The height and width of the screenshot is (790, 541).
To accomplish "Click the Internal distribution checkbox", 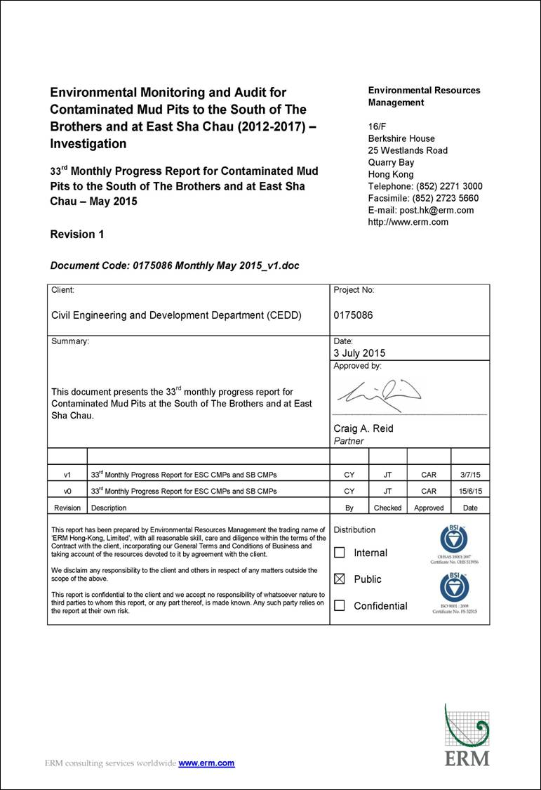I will click(x=340, y=553).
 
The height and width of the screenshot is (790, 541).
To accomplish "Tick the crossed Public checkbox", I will click(x=340, y=579).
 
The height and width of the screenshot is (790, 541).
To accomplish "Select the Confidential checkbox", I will click(x=340, y=605).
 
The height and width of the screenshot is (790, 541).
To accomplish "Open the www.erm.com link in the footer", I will click(x=206, y=763).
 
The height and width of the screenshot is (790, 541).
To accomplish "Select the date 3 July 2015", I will click(x=359, y=353).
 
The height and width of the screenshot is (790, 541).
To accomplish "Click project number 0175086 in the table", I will click(x=353, y=315).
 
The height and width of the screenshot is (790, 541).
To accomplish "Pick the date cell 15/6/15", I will click(x=470, y=492).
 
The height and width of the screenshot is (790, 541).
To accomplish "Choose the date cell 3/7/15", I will click(x=470, y=475).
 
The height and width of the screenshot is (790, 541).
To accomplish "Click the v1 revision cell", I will click(x=67, y=475).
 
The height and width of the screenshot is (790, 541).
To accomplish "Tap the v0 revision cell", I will click(x=67, y=492).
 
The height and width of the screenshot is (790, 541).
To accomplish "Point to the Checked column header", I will click(x=387, y=508).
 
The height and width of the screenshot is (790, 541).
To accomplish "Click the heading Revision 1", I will click(x=77, y=235).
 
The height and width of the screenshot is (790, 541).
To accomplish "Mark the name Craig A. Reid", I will click(x=363, y=428).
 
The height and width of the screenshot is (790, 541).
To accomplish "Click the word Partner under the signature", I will click(x=349, y=441).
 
